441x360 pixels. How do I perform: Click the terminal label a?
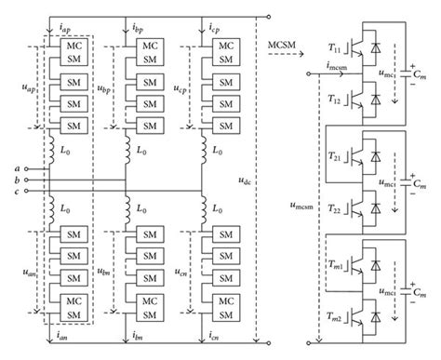(x=19, y=167)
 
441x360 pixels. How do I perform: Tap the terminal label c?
(x=19, y=192)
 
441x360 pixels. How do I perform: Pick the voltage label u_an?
(x=22, y=270)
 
